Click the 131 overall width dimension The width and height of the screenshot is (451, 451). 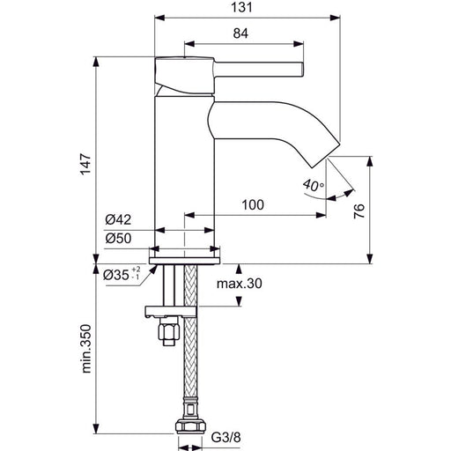click(x=241, y=7)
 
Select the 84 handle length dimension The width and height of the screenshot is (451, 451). click(x=240, y=33)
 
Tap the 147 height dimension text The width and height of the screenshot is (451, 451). click(x=86, y=164)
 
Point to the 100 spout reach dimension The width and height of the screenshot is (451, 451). click(x=253, y=204)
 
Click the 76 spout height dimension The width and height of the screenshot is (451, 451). click(x=359, y=211)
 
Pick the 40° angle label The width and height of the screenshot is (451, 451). click(x=314, y=186)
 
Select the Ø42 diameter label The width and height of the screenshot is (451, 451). click(x=118, y=219)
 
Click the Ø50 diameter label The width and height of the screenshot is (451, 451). click(x=118, y=239)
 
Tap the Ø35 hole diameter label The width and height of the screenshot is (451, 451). click(x=122, y=274)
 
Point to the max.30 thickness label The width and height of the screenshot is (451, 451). click(x=240, y=284)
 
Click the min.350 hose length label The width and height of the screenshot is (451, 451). click(x=86, y=349)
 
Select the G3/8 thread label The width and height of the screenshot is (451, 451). click(x=226, y=438)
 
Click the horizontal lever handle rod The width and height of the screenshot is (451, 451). click(x=259, y=70)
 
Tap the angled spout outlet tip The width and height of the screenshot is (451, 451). click(x=326, y=156)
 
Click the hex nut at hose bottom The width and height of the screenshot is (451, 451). click(x=190, y=427)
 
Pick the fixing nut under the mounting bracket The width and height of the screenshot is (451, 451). click(x=168, y=331)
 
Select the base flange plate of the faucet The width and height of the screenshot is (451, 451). click(x=184, y=261)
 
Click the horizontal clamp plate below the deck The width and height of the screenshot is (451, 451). click(x=170, y=312)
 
